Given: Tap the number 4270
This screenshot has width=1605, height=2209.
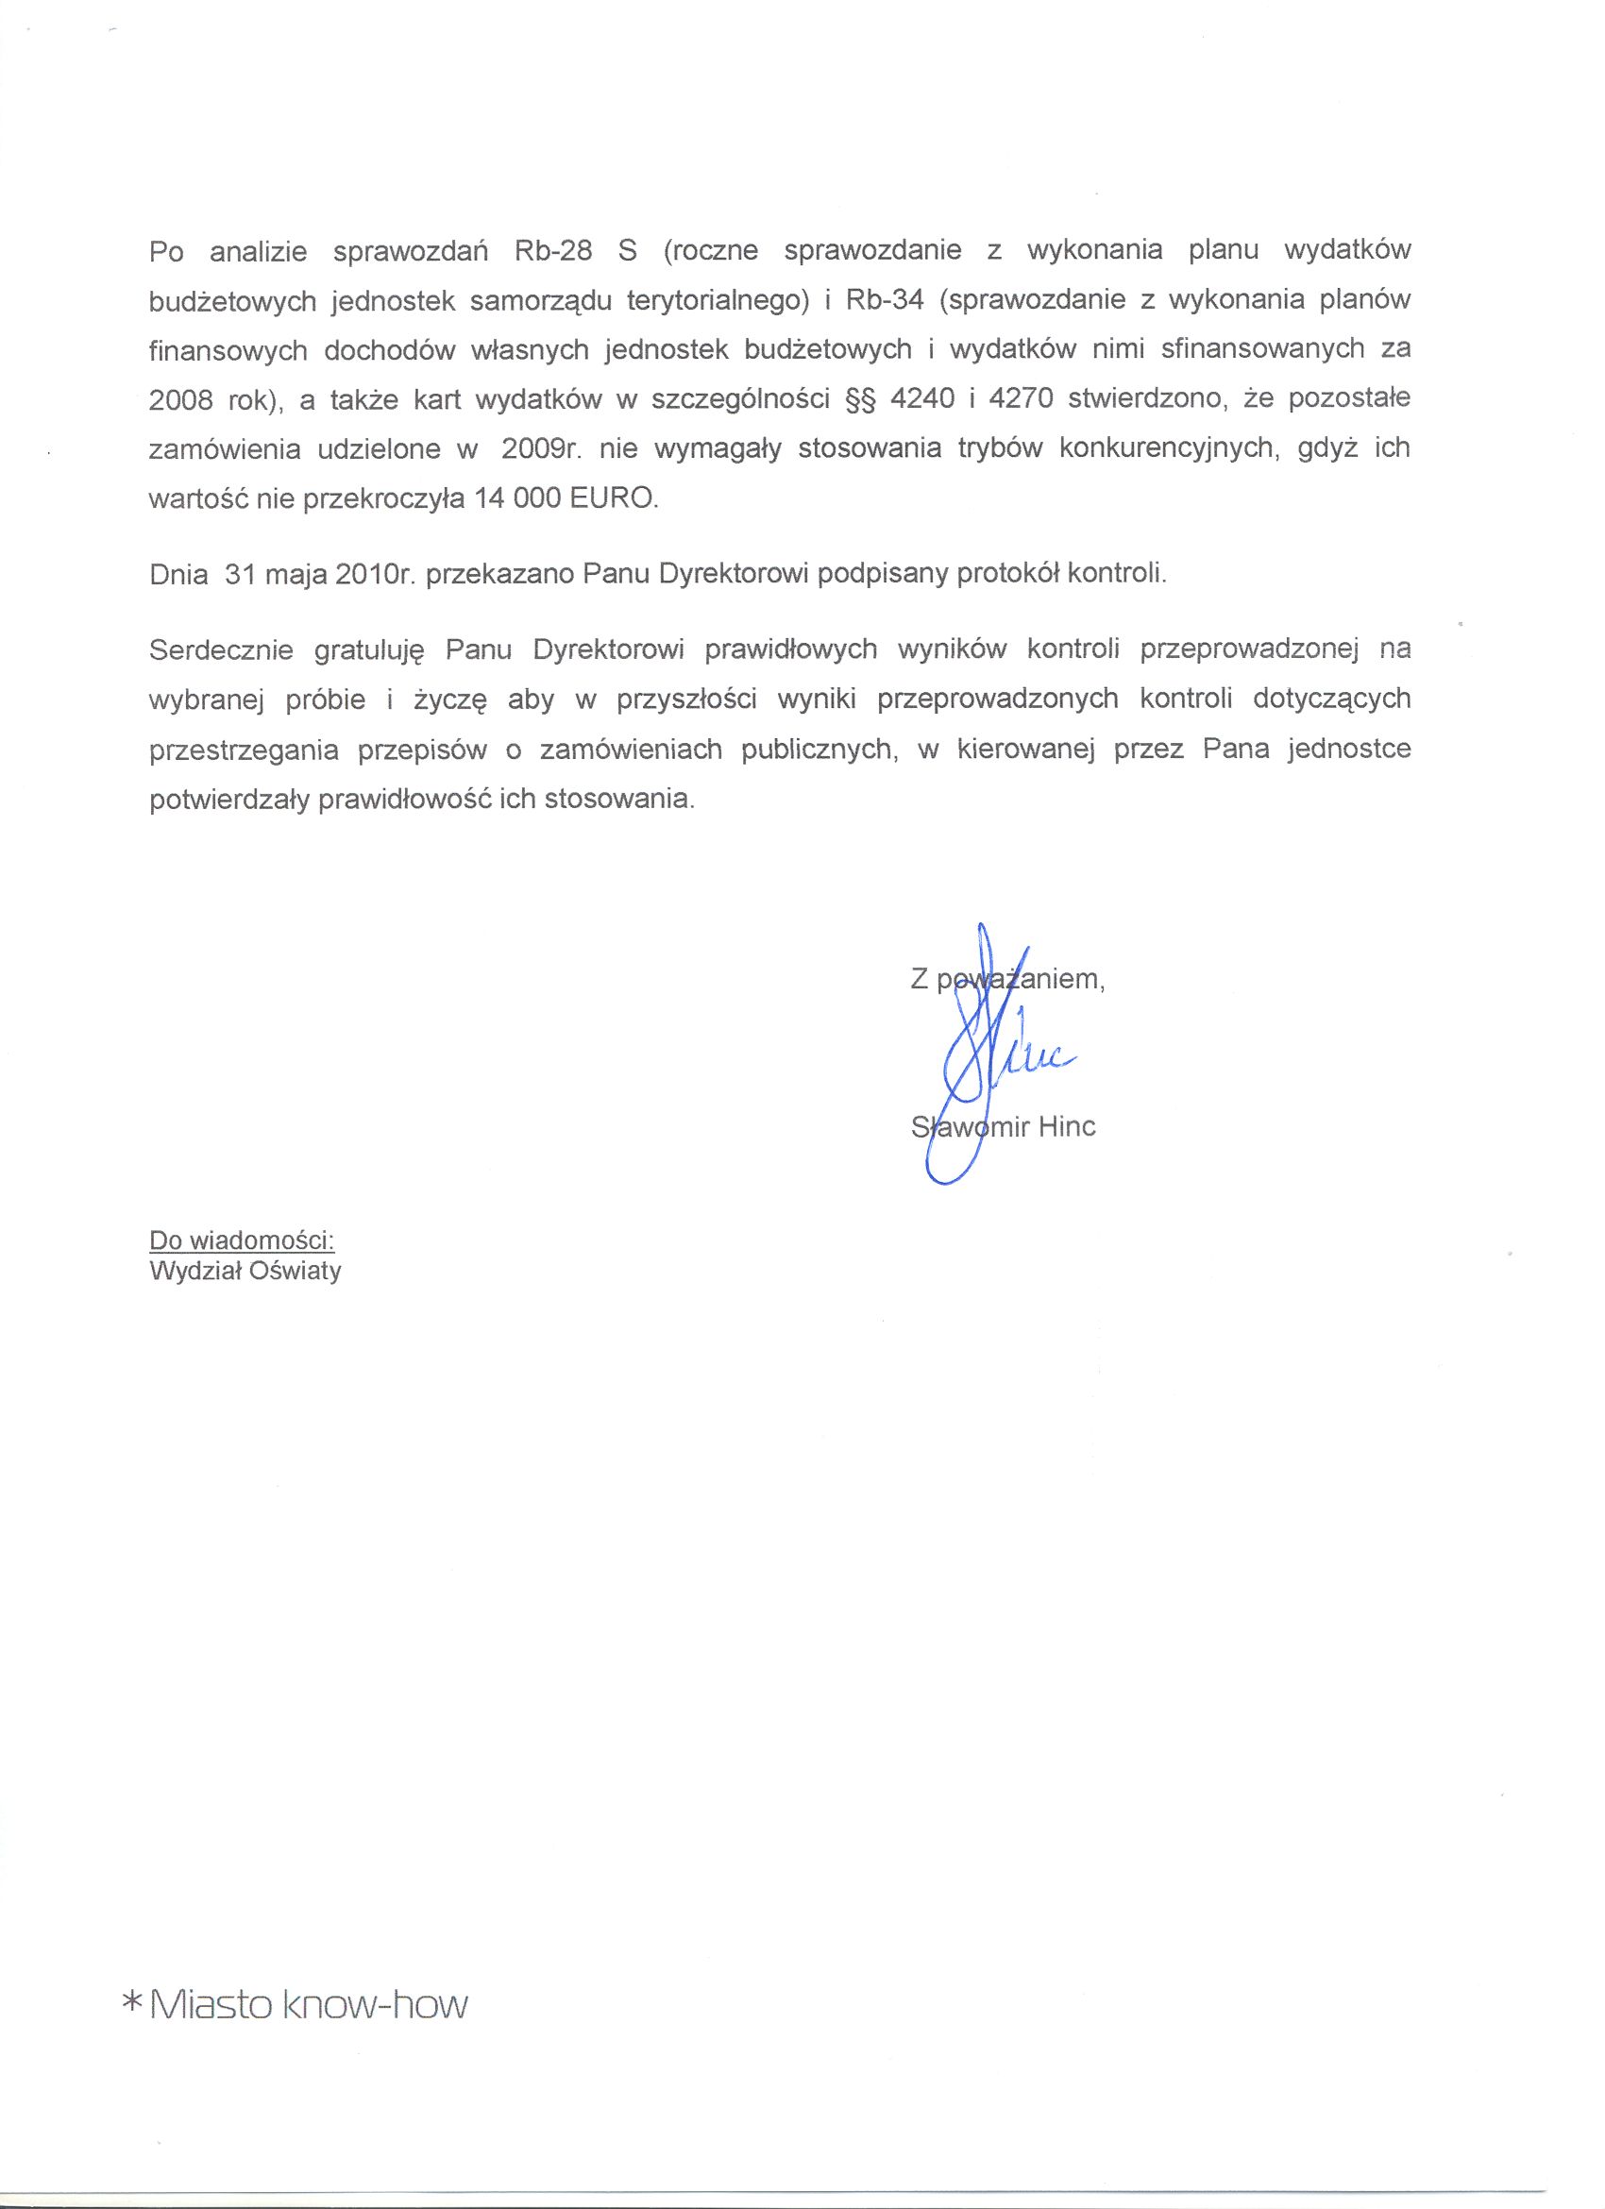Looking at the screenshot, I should point(1021,399).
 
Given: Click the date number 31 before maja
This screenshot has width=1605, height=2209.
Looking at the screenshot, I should point(240,574).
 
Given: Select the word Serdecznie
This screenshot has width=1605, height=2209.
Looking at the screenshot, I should point(221,649).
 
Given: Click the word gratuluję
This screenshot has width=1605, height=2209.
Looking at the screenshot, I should point(370,650).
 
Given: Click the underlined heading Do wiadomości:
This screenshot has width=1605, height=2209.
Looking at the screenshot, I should point(242,1239).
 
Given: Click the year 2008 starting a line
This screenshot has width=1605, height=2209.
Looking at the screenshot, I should point(181,400).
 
